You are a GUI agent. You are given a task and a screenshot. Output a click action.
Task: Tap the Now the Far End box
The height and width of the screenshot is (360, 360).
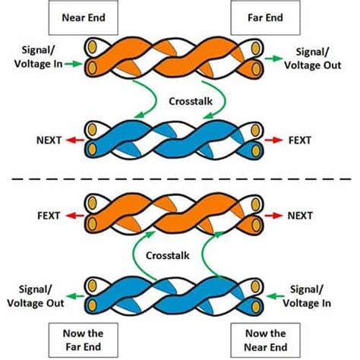pos(78,339)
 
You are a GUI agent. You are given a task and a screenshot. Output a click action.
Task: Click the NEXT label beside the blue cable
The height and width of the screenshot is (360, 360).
pos(49,140)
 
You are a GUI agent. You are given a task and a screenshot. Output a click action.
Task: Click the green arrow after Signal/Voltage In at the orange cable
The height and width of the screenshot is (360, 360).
pos(73,65)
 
